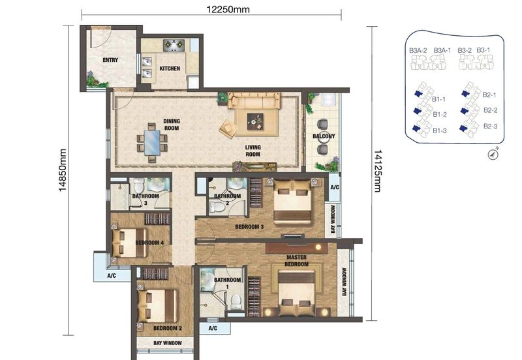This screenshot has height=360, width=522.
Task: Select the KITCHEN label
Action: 170,68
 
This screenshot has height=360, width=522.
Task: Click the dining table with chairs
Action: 151,145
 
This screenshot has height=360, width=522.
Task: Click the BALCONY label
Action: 324,136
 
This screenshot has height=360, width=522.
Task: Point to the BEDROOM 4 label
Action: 149,243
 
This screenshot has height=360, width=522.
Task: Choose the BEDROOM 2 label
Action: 167,328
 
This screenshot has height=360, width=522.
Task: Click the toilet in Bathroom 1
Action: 237,299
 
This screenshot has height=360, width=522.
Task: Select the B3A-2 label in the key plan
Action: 418,50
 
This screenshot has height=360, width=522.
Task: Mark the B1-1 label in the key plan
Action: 438,99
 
